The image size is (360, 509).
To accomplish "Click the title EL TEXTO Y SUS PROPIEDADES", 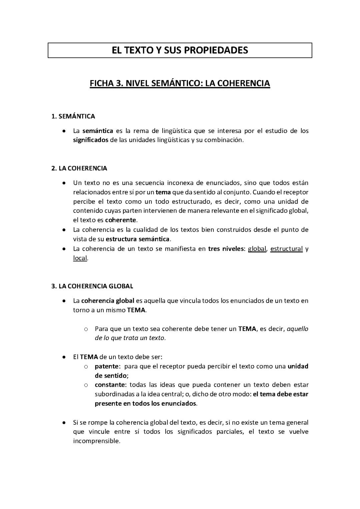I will (180, 50).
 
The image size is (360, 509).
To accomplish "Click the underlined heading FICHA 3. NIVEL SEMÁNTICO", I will (180, 83).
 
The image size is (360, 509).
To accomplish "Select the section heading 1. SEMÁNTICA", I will (73, 116).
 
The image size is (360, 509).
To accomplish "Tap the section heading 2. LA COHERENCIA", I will (79, 168).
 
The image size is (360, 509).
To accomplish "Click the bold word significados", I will (91, 140).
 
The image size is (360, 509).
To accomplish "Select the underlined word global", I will (257, 249).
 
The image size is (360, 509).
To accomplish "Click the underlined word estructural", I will (286, 249).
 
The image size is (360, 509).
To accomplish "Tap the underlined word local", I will (80, 258).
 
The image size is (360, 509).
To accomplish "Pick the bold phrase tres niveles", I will (226, 249).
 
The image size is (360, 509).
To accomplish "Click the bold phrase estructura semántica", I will (138, 239).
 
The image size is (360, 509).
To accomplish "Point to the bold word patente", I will (107, 366).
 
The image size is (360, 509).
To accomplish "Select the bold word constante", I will (110, 385).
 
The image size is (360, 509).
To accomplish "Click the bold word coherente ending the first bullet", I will (121, 220).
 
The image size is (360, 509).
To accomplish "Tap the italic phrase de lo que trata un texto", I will (130, 338).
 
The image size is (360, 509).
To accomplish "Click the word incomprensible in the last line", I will (96, 441).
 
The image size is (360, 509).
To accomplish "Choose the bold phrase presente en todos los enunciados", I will (146, 403).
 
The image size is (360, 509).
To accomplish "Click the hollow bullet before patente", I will (86, 366).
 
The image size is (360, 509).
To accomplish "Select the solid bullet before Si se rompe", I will (63, 423).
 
